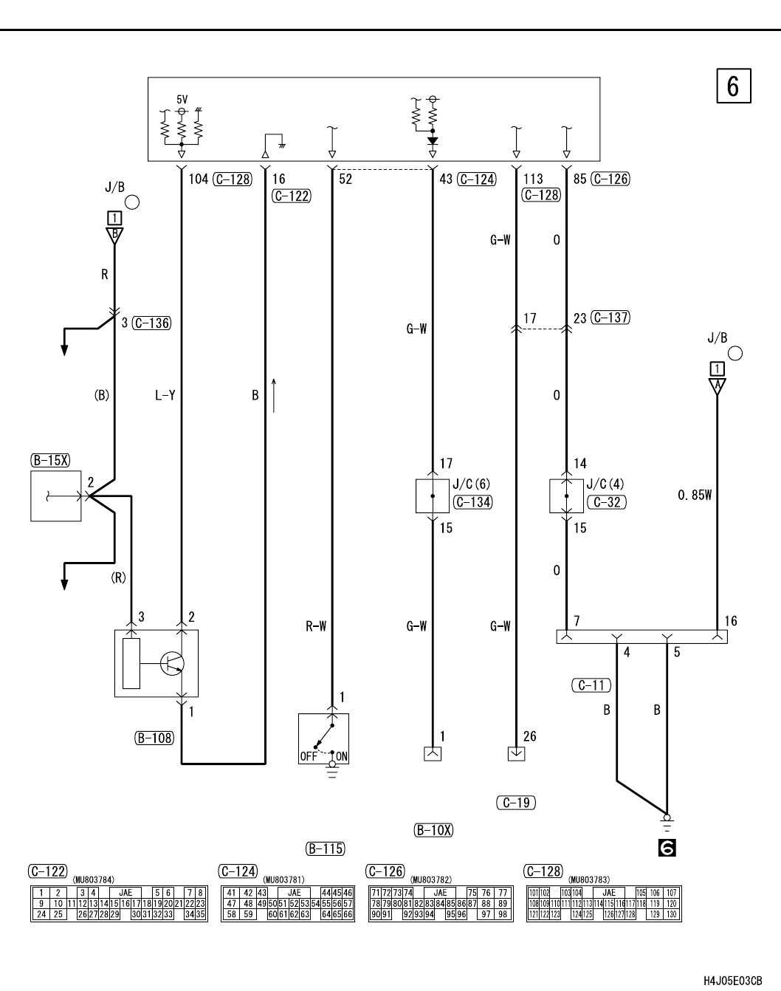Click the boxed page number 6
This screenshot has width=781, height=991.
(732, 86)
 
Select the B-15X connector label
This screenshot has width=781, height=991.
(50, 460)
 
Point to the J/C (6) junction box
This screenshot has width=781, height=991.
(432, 495)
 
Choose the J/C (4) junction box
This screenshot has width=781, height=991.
(566, 495)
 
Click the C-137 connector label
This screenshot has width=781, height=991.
(610, 318)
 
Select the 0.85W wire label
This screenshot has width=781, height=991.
(694, 495)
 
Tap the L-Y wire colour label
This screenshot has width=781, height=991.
(165, 395)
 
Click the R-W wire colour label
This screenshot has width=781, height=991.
(316, 626)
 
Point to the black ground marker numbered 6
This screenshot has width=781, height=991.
(667, 848)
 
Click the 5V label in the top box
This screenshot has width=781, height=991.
(182, 99)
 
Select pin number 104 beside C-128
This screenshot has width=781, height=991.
(198, 179)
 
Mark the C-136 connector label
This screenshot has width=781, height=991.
(151, 323)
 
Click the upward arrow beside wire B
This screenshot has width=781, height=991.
(274, 395)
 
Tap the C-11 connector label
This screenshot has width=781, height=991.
(591, 685)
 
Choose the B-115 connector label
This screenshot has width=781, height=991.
(325, 848)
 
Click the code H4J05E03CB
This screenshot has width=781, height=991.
(732, 980)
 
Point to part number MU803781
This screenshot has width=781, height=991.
(283, 879)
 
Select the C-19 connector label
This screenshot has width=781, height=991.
(516, 803)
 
